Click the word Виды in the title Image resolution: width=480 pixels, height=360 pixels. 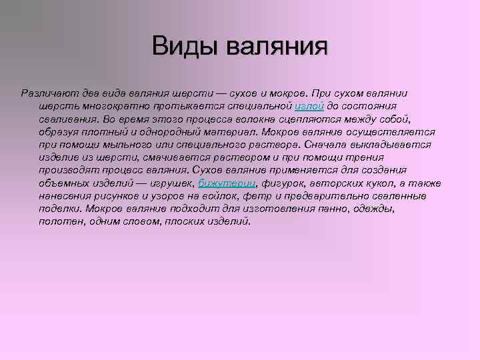point(183,47)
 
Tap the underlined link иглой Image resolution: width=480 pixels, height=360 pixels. point(309,107)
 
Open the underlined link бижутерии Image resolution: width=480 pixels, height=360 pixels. point(228,183)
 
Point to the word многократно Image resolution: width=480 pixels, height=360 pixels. point(109,107)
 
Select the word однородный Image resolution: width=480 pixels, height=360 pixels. point(169,132)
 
